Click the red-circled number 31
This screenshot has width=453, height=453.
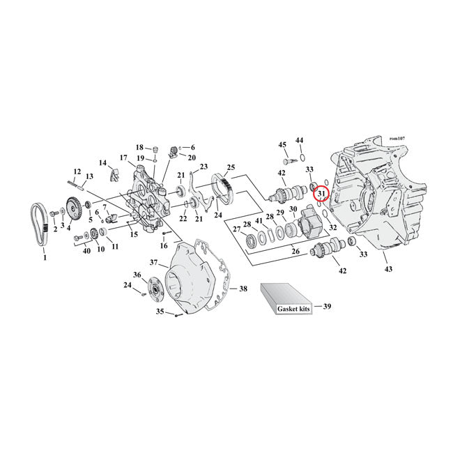click(321, 194)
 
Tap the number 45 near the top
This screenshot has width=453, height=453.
click(282, 144)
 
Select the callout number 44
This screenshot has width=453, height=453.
click(299, 140)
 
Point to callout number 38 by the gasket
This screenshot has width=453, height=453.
click(243, 288)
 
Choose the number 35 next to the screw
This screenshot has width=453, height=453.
click(160, 313)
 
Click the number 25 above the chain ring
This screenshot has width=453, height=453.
click(231, 168)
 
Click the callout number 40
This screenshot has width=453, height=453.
click(86, 251)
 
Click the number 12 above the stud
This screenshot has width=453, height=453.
click(77, 171)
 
